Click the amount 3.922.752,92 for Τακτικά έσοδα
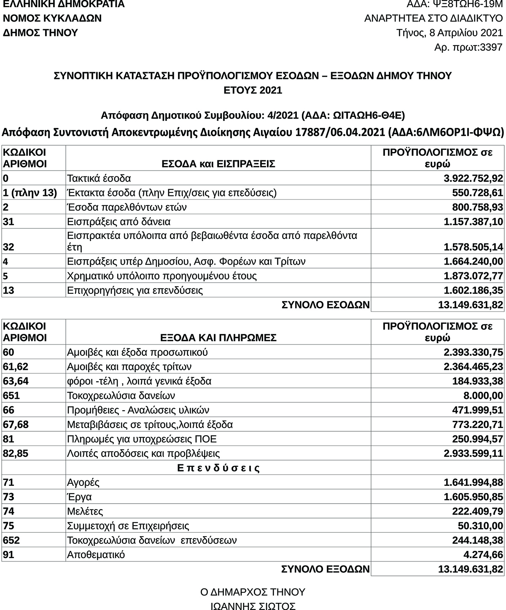tap(473, 179)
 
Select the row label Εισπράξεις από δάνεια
tap(118, 222)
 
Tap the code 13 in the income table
tap(8, 290)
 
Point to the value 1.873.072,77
tap(473, 276)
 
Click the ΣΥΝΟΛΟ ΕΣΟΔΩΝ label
tap(326, 305)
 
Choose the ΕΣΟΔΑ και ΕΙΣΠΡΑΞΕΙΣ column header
tap(218, 164)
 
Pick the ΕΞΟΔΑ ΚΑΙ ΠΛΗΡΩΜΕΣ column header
tap(218, 338)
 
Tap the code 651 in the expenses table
tap(11, 396)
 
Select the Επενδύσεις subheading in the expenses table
tap(218, 468)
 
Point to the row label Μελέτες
tap(85, 512)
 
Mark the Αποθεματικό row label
tap(96, 555)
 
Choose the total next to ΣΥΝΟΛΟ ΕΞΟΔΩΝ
tap(471, 569)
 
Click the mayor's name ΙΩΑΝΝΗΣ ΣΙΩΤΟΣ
tap(253, 607)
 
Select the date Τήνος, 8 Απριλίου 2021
tap(449, 33)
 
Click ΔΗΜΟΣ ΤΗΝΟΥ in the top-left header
tap(40, 33)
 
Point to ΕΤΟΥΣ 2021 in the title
tap(253, 90)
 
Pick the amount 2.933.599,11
tap(473, 454)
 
